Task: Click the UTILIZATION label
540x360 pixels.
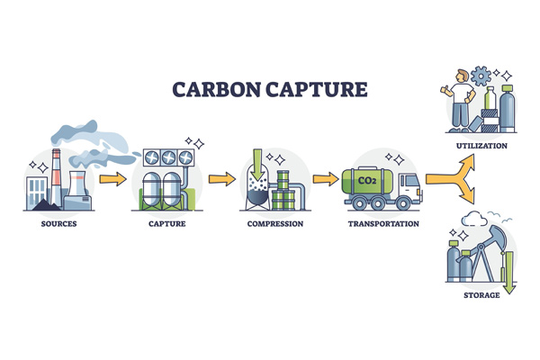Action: coord(481,145)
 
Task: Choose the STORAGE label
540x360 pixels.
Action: coord(481,294)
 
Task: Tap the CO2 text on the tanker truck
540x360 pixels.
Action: coord(367,180)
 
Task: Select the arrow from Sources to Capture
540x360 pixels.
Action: coord(112,179)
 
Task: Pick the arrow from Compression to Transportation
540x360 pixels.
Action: coord(325,179)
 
